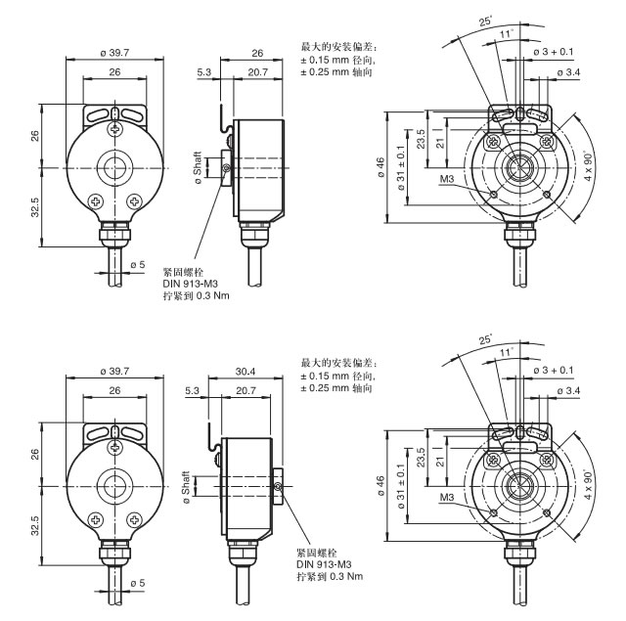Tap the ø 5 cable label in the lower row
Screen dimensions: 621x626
(137, 583)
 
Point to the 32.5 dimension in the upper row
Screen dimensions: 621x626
(34, 207)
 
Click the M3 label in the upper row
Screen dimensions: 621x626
(447, 180)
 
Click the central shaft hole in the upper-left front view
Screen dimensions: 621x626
(115, 164)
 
